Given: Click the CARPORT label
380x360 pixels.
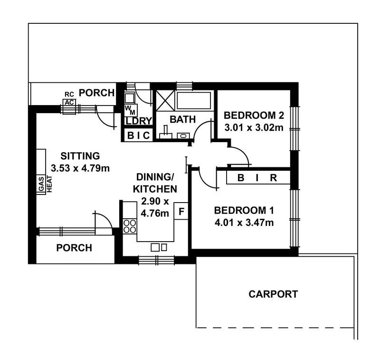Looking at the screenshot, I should (273, 294).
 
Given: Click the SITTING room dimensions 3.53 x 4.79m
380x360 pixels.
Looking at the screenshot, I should (80, 167).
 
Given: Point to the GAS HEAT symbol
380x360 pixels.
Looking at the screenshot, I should (45, 184).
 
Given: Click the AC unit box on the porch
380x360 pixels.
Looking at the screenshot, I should (69, 102).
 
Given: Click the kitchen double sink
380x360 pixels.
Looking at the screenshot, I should (159, 247).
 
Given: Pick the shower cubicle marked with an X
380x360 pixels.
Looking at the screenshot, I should (165, 100).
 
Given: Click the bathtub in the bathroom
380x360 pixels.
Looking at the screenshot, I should (193, 100).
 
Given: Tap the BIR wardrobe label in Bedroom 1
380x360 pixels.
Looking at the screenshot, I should (257, 178).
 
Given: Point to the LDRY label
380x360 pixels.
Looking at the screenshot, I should (138, 121).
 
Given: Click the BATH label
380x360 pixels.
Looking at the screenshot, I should (183, 119).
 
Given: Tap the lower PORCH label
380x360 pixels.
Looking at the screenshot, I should (74, 248).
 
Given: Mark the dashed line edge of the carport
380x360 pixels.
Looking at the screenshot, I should (275, 327).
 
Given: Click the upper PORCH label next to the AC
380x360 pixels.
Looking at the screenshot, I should (97, 92).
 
